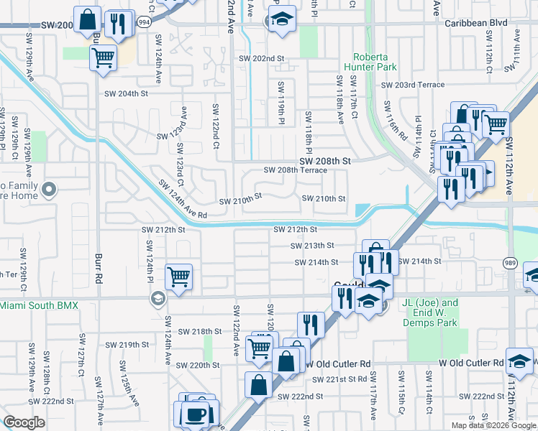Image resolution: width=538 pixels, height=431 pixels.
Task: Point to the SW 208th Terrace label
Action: pyautogui.click(x=295, y=170)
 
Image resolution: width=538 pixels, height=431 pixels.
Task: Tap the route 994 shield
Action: pyautogui.click(x=144, y=22)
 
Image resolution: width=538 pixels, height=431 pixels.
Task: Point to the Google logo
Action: pyautogui.click(x=24, y=422)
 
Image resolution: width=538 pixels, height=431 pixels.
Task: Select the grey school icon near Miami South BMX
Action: pyautogui.click(x=158, y=298)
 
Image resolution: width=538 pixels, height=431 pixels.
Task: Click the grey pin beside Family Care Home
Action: pyautogui.click(x=49, y=190)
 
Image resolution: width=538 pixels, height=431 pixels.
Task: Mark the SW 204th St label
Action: pyautogui.click(x=126, y=93)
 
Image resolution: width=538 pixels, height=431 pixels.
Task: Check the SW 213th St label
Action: pyautogui.click(x=313, y=246)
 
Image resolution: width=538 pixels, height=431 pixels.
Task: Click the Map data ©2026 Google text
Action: pyautogui.click(x=493, y=425)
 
